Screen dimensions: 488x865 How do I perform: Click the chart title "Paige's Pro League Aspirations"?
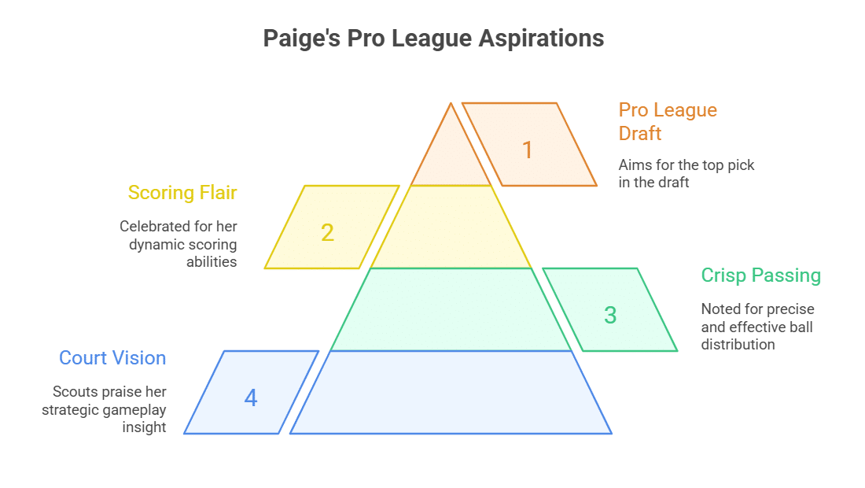coord(433,39)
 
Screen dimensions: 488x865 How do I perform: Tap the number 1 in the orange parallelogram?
coord(528,150)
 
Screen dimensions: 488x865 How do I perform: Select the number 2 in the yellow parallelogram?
coord(328,232)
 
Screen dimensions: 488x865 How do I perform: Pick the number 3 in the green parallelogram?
coord(610,315)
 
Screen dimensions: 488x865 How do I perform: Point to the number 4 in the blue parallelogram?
coord(251,397)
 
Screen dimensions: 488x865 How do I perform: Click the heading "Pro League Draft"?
coord(668,121)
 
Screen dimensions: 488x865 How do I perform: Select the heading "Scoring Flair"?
coord(182,193)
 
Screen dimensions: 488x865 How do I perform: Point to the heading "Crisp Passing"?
coord(760,275)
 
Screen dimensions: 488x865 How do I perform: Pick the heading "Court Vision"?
coord(112,358)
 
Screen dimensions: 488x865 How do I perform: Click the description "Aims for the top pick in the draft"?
coord(686,173)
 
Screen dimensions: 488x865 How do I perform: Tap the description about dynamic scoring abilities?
coord(179,244)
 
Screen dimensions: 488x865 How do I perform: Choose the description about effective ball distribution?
coord(757,327)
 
